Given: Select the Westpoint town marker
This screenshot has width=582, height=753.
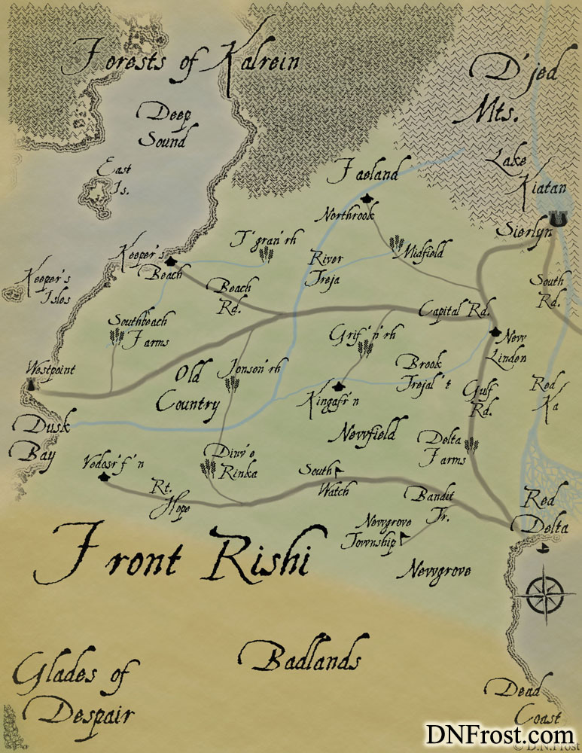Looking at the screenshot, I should coord(32,384).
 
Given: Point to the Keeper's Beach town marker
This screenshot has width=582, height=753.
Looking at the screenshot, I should coord(171,261).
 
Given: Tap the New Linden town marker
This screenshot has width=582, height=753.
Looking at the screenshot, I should coord(495,331).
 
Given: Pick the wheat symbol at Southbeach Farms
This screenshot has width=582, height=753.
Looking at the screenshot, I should coord(117,336).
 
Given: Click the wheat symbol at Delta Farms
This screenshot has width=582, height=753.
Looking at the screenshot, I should coord(471,446).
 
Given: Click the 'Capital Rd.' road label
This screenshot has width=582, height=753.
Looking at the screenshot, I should coord(455,309).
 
